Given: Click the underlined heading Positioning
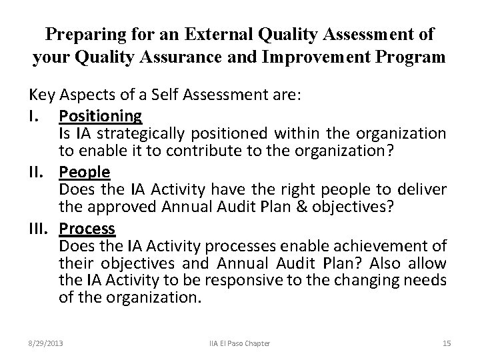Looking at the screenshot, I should [100, 115].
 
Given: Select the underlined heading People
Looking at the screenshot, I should [84, 172].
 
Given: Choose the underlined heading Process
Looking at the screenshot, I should [87, 229].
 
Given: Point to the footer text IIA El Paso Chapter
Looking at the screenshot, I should [239, 343].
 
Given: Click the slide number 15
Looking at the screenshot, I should [446, 343].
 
